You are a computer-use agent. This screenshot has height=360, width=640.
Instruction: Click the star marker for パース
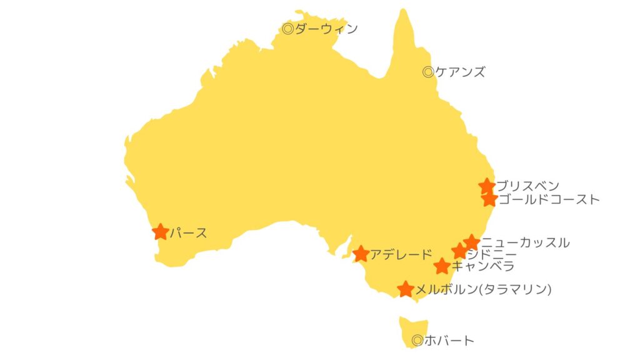click(161, 232)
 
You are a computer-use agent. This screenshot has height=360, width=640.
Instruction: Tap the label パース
click(188, 233)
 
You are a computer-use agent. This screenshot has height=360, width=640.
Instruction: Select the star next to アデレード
click(361, 254)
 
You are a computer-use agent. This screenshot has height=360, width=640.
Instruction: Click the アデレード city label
click(401, 254)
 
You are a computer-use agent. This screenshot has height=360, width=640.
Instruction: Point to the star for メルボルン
click(406, 289)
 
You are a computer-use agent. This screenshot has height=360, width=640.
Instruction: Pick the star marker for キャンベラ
click(442, 266)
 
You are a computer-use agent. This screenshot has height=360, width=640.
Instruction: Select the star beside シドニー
click(459, 251)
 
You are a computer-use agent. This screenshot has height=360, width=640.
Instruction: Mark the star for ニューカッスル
click(472, 242)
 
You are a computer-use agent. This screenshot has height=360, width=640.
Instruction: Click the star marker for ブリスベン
click(487, 186)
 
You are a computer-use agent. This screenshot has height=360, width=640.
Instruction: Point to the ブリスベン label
click(528, 186)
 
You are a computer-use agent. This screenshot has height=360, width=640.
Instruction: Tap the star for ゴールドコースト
click(489, 199)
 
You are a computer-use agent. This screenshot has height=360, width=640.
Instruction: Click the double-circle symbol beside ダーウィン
click(287, 28)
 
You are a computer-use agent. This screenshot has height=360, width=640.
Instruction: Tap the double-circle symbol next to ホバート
click(417, 341)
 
